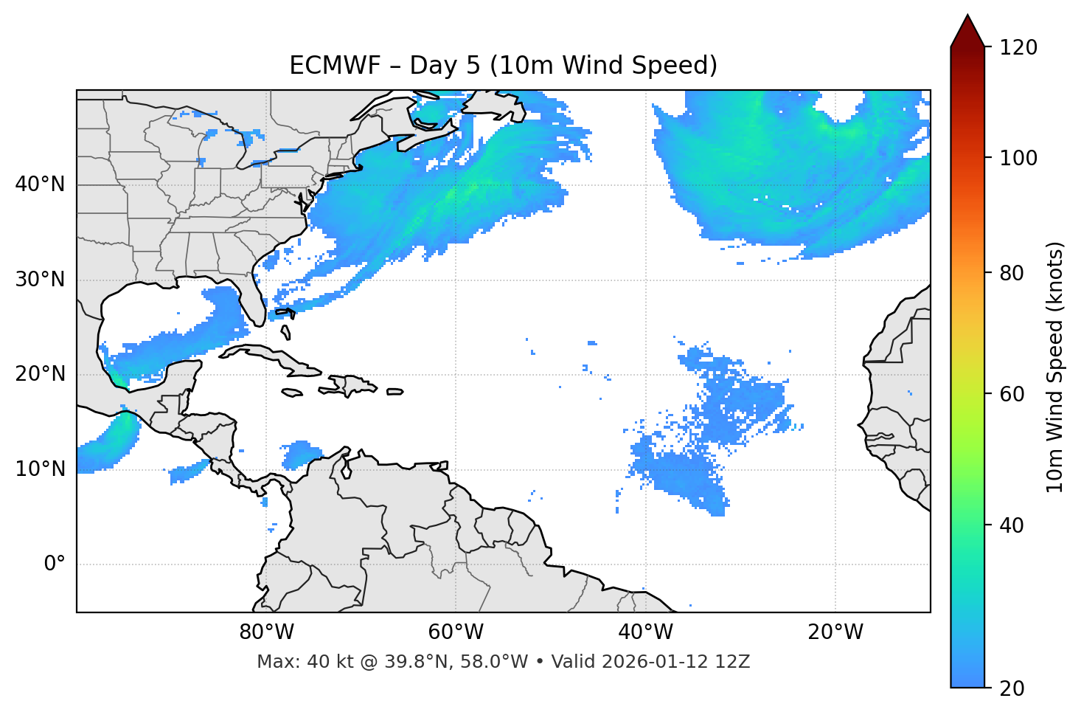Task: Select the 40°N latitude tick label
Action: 40,184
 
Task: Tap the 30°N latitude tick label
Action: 40,280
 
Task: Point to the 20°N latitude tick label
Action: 40,374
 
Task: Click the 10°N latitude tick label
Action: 40,469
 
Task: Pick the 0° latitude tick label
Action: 54,564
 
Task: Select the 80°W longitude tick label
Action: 266,632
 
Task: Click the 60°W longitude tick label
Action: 456,632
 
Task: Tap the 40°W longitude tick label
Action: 645,632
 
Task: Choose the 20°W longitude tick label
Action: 835,632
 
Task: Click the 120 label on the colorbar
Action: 1018,48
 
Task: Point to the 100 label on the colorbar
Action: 1018,158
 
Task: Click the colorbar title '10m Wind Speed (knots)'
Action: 1055,367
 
